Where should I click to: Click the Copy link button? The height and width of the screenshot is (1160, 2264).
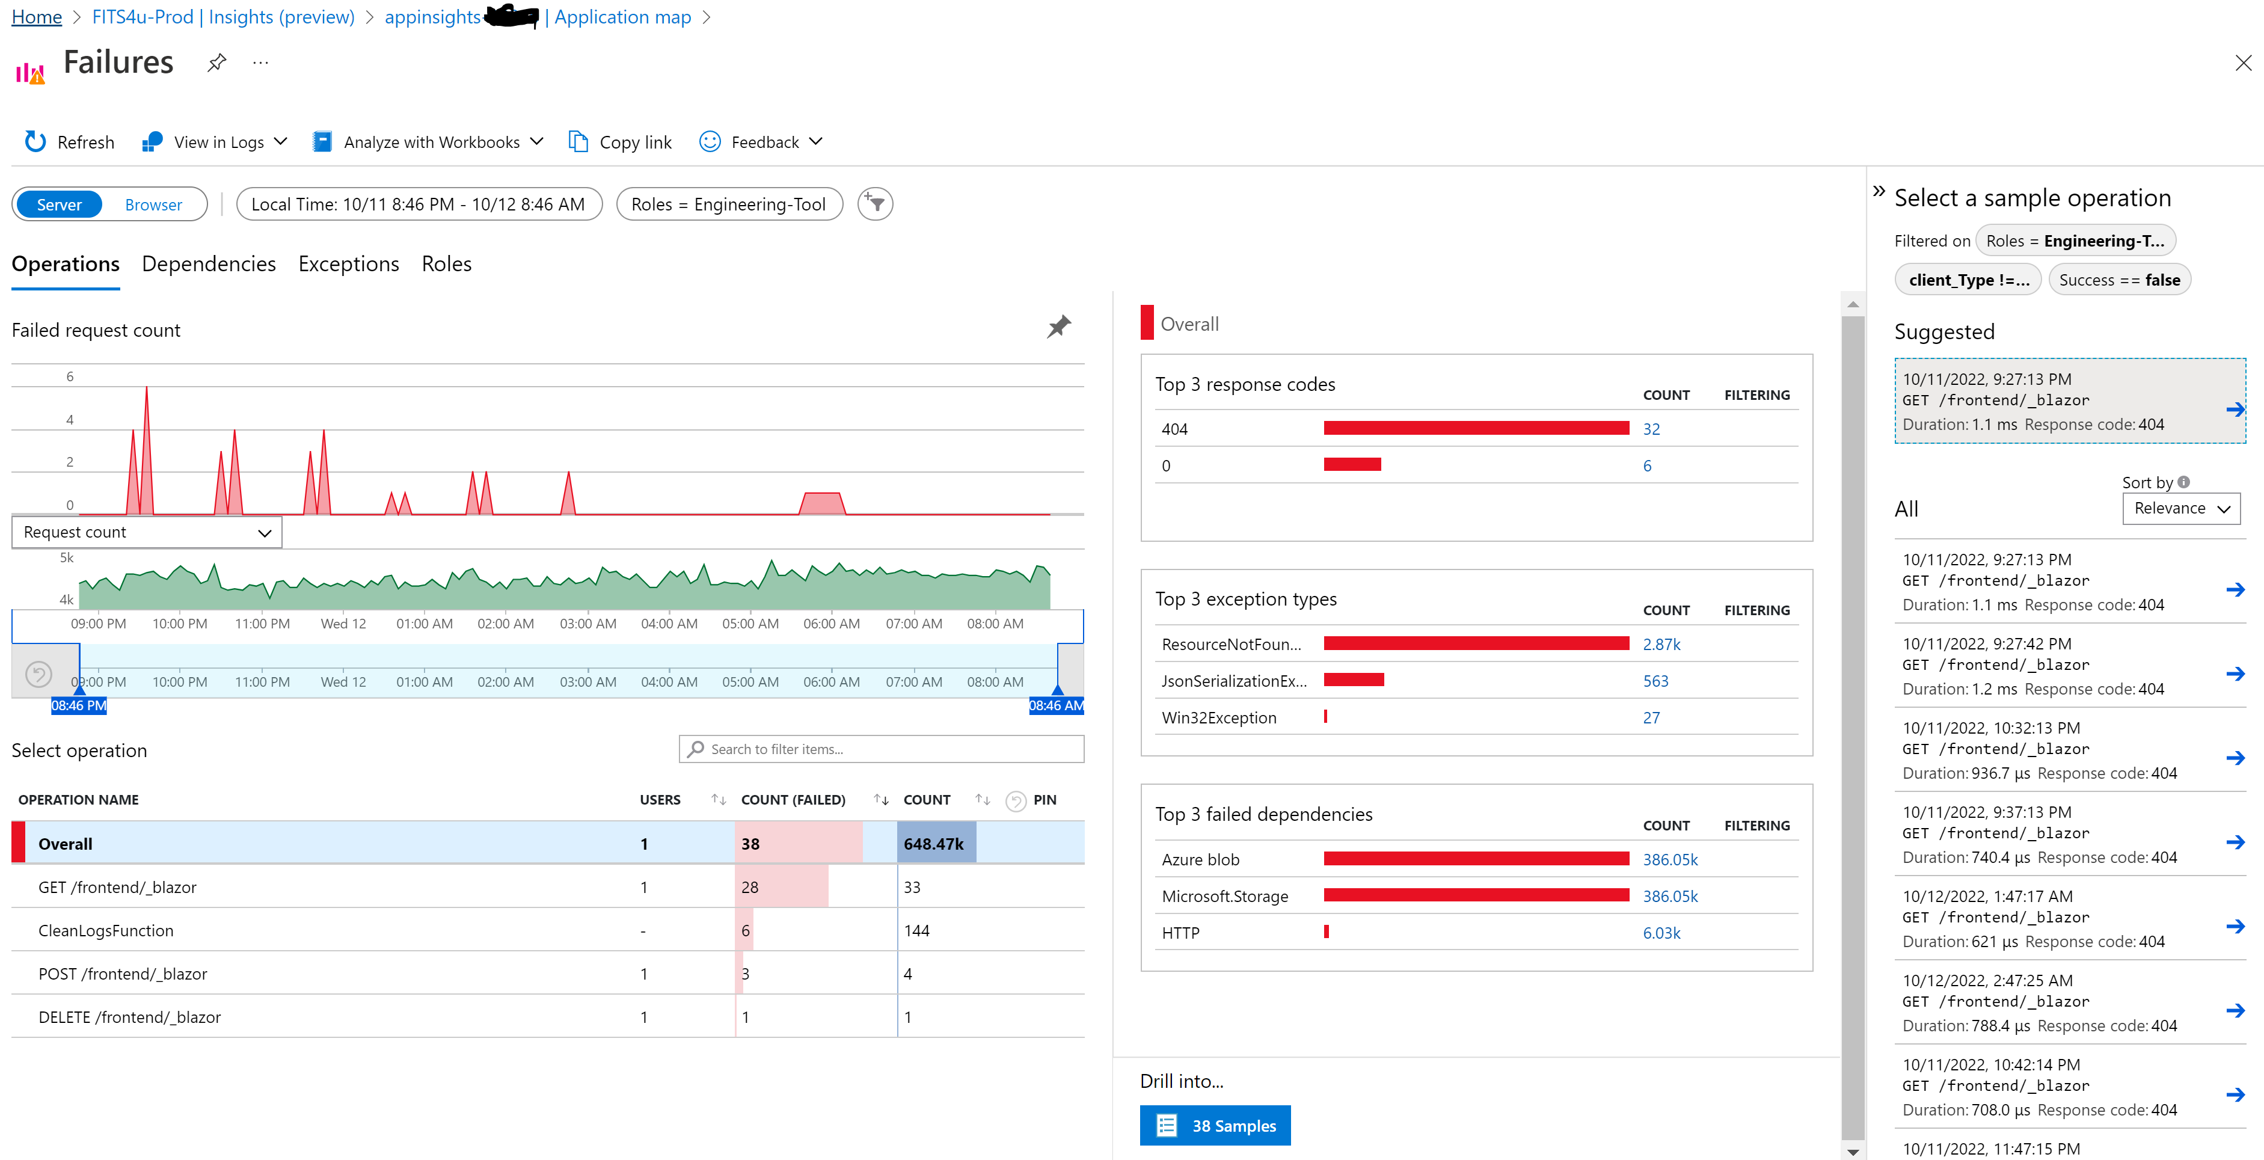point(621,141)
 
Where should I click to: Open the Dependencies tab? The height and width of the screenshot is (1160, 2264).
point(208,263)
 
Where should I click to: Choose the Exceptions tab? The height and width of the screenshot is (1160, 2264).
point(348,263)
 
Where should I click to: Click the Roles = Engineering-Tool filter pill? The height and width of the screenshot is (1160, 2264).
point(729,204)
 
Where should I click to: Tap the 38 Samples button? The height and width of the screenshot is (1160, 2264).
point(1215,1126)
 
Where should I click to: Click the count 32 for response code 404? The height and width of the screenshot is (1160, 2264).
point(1651,429)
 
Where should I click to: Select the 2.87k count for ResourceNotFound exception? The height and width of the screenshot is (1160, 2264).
point(1661,644)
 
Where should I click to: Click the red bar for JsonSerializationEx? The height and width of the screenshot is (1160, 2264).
point(1354,680)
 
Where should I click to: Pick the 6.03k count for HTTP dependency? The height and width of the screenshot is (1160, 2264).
point(1661,933)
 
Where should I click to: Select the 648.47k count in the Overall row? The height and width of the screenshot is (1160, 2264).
point(933,844)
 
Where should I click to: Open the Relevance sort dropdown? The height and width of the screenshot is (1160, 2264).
point(2180,508)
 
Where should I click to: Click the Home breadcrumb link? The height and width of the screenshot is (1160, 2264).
point(36,17)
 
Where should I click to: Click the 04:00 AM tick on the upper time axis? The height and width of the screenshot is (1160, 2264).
point(669,623)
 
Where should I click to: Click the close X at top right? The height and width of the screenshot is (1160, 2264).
point(2243,63)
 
